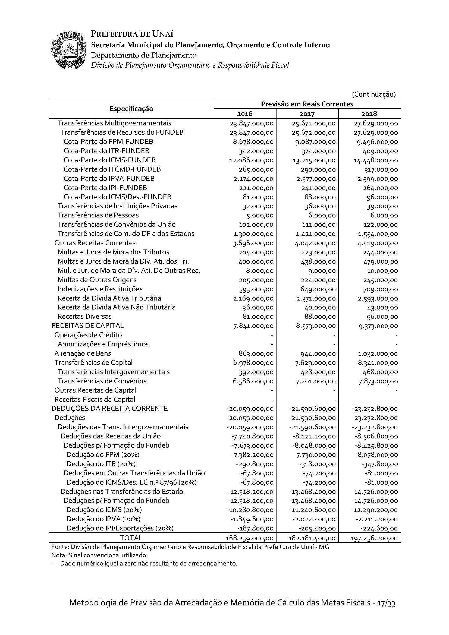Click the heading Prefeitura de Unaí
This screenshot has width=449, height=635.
click(132, 34)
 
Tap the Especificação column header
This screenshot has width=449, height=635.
click(131, 109)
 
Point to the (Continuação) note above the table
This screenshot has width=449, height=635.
click(374, 94)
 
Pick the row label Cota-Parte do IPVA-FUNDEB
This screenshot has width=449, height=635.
click(109, 178)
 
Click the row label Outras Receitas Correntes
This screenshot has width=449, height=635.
click(95, 243)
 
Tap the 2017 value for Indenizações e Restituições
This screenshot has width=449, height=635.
click(318, 289)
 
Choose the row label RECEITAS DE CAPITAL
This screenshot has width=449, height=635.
click(87, 326)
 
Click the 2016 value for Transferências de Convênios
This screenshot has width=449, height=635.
click(253, 381)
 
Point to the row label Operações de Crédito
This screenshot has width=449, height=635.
click(88, 335)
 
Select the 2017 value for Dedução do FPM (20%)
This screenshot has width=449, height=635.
click(315, 455)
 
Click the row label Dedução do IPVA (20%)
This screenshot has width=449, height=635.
click(103, 519)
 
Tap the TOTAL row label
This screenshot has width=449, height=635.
click(131, 538)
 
